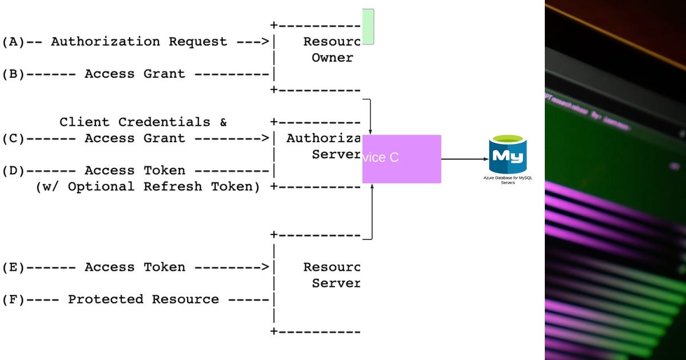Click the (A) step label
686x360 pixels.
[x=13, y=42]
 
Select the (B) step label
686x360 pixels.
[x=13, y=74]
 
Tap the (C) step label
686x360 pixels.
[x=13, y=138]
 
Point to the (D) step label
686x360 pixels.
[x=13, y=170]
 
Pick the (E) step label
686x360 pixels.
[x=13, y=267]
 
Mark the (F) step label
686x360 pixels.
[x=13, y=299]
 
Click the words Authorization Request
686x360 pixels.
[x=139, y=42]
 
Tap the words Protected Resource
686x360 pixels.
[x=143, y=299]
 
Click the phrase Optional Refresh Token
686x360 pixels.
[x=164, y=187]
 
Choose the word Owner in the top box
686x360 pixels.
[x=332, y=58]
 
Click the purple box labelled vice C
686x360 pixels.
[x=401, y=159]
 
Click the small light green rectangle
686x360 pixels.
[x=368, y=26]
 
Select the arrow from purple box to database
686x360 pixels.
[x=464, y=159]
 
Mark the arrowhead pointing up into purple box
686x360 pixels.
[x=372, y=186]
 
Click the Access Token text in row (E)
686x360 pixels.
[x=135, y=267]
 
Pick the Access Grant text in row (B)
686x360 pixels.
[x=135, y=74]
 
